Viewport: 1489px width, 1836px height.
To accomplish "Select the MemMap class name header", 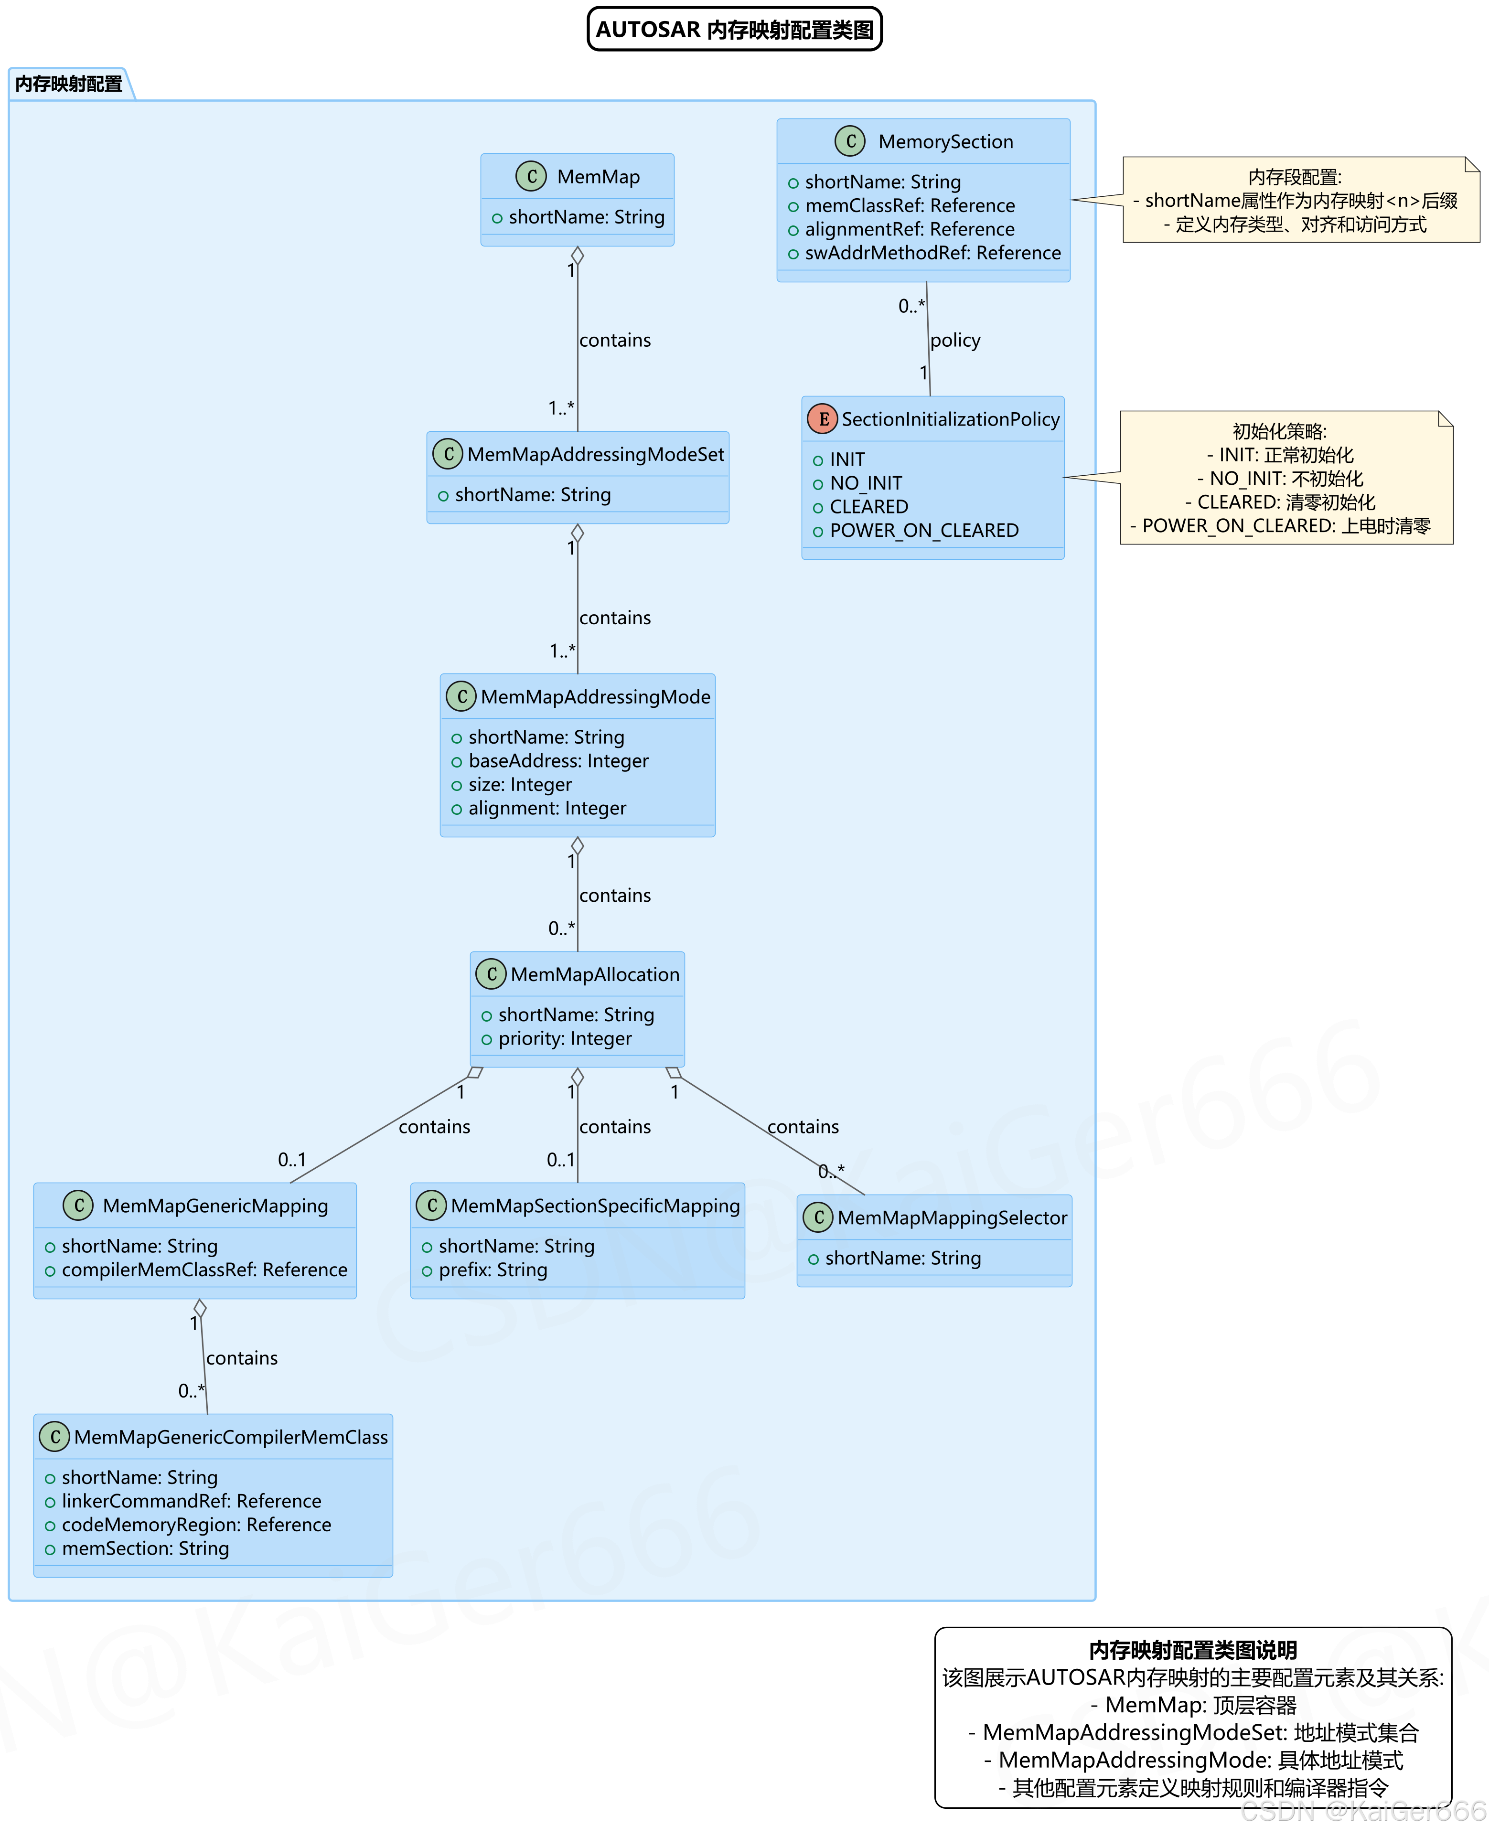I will (x=598, y=177).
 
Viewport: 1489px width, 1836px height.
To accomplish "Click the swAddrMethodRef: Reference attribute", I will (x=932, y=253).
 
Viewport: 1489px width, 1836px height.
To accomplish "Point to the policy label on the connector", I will (x=954, y=341).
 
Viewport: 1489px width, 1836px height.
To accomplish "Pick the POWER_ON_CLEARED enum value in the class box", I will (x=924, y=531).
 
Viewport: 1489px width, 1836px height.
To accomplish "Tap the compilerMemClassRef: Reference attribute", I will (x=204, y=1270).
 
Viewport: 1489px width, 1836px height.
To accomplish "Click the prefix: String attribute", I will (x=493, y=1270).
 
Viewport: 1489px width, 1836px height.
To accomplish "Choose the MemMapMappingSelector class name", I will (x=952, y=1218).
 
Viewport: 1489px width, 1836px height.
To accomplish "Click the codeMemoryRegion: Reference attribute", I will (x=195, y=1525).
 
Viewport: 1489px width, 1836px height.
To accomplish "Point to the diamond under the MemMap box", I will (x=577, y=256).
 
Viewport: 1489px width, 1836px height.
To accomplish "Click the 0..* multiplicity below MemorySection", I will (x=911, y=306).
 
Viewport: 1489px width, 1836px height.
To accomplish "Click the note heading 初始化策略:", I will (x=1279, y=431).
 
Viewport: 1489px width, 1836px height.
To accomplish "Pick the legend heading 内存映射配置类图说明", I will (x=1192, y=1650).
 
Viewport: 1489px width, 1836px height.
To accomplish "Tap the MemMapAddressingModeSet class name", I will (x=595, y=455).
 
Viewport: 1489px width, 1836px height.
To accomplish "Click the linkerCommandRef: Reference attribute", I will (x=191, y=1501).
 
